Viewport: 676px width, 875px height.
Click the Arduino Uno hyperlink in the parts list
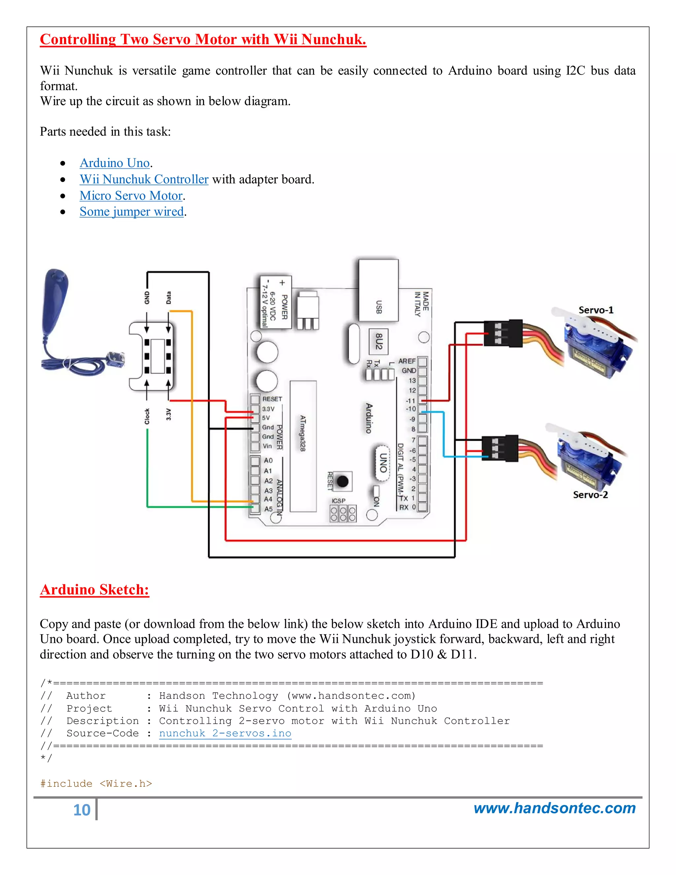point(115,163)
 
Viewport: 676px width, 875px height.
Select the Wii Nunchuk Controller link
point(144,180)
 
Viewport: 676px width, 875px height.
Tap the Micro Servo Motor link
point(131,195)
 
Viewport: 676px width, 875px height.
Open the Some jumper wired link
point(131,212)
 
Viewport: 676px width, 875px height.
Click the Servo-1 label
point(595,310)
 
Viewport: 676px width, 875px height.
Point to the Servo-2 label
point(590,495)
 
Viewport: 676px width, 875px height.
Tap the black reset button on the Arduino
point(342,481)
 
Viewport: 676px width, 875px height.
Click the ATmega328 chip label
point(303,433)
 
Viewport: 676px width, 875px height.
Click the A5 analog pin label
point(268,509)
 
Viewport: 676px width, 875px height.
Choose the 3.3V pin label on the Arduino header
point(268,409)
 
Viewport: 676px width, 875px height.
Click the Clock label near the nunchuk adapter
point(147,416)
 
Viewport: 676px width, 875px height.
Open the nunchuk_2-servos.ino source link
point(225,733)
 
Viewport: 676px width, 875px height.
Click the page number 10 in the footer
point(82,810)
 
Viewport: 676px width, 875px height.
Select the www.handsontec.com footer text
point(554,809)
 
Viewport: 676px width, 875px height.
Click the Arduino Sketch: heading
point(94,590)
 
